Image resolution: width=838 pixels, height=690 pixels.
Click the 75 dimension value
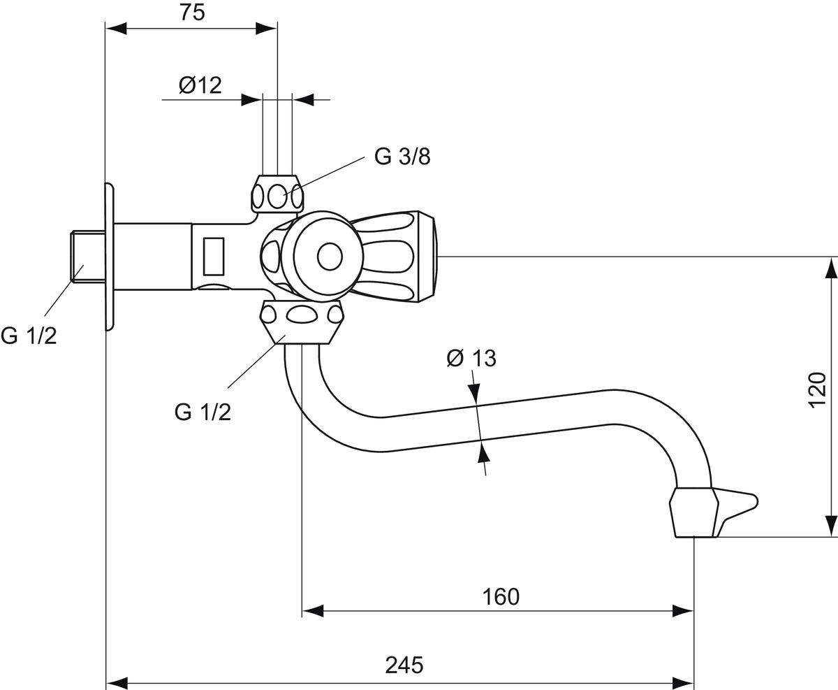(x=192, y=13)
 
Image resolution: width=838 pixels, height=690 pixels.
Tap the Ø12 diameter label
(x=200, y=85)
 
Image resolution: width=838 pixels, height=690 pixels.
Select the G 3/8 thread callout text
(x=402, y=157)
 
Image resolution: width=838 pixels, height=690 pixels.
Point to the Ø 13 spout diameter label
(x=471, y=359)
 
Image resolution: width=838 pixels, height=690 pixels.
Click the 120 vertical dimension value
(x=817, y=389)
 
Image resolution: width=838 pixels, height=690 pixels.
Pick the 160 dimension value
(x=501, y=596)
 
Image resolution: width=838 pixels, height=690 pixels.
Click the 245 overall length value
(x=404, y=665)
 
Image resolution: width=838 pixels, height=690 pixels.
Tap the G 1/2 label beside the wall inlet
(x=29, y=336)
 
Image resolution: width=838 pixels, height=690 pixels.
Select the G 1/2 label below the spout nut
(x=203, y=412)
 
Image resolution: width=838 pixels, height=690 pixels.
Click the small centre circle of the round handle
(x=330, y=257)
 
